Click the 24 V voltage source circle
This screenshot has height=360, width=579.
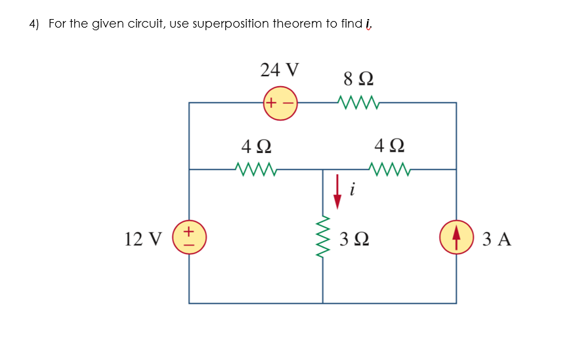click(281, 103)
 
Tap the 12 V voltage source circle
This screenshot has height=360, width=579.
click(189, 236)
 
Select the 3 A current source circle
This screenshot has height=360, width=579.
click(456, 237)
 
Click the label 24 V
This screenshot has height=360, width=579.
click(280, 69)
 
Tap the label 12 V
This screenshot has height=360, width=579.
click(143, 238)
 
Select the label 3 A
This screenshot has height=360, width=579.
click(496, 238)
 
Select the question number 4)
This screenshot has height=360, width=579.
click(34, 24)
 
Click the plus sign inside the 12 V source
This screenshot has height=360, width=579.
click(189, 231)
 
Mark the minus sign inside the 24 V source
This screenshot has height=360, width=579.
click(289, 103)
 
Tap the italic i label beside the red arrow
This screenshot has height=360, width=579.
click(353, 190)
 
